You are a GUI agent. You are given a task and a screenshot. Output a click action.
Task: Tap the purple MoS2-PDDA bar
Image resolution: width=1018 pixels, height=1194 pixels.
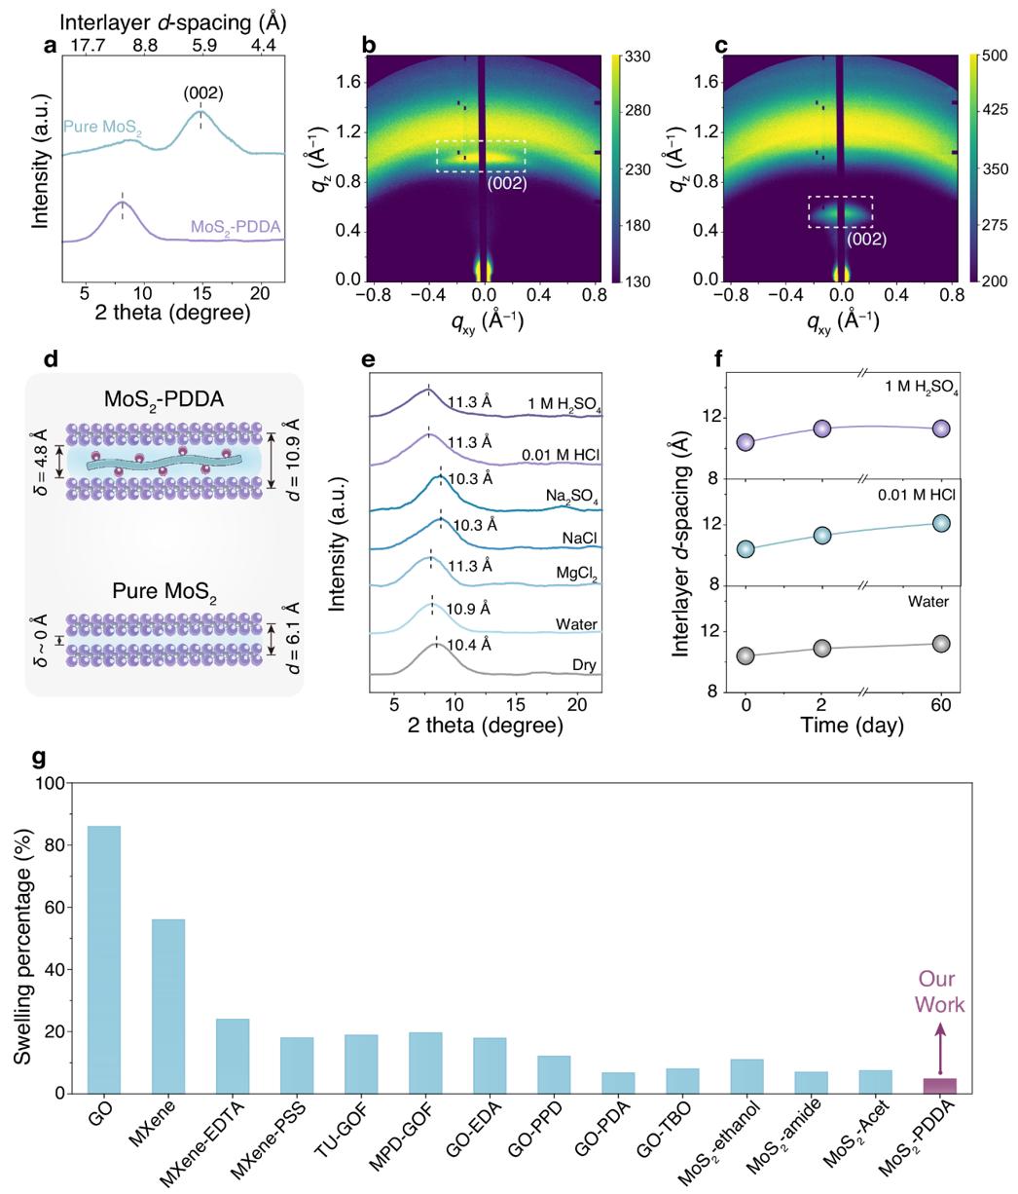[x=940, y=1085]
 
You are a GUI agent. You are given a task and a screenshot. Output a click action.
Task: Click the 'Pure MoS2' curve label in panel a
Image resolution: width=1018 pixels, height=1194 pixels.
[x=102, y=126]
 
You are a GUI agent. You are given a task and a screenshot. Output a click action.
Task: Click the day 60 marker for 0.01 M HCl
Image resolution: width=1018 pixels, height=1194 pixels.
[x=940, y=523]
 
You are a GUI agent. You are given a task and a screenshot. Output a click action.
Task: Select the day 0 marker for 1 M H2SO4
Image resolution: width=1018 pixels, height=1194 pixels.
[x=746, y=442]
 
